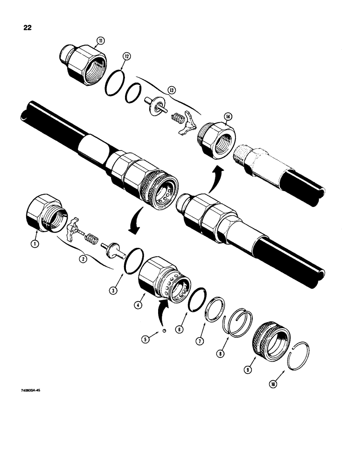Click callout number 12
tap(126, 56)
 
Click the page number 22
tap(28, 27)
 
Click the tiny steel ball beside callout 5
tap(158, 330)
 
